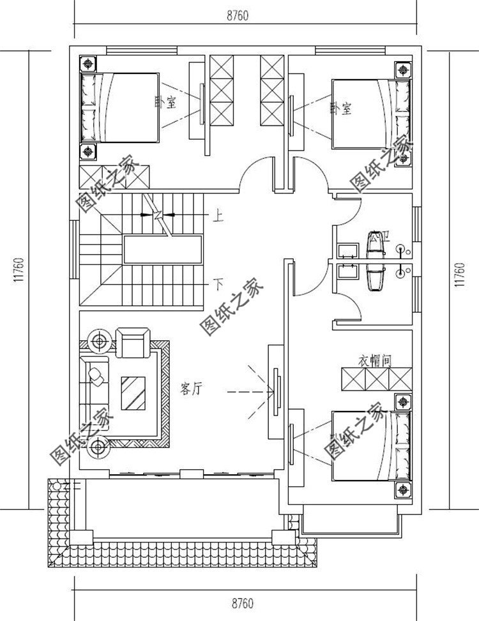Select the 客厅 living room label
click(x=191, y=389)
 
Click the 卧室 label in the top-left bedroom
click(x=165, y=102)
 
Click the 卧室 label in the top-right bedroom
click(x=341, y=108)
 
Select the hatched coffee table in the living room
click(x=133, y=393)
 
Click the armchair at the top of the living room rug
click(x=133, y=343)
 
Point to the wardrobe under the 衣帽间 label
click(x=376, y=380)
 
